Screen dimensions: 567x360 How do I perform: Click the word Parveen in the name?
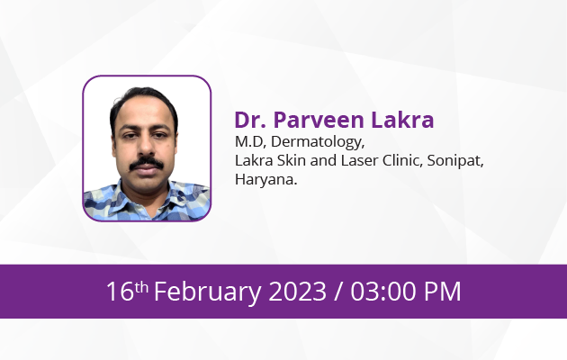319,120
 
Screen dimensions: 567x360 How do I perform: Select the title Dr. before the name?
250,120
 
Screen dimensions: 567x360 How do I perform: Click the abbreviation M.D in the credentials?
248,141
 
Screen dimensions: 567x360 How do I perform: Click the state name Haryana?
265,180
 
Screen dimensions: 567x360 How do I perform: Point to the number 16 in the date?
120,292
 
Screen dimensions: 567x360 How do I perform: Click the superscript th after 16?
141,287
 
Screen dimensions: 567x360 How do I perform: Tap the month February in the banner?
208,292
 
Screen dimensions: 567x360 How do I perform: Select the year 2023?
297,292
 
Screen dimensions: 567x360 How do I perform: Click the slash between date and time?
338,292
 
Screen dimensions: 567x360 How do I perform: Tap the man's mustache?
147,163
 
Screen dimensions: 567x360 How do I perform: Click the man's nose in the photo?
147,147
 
